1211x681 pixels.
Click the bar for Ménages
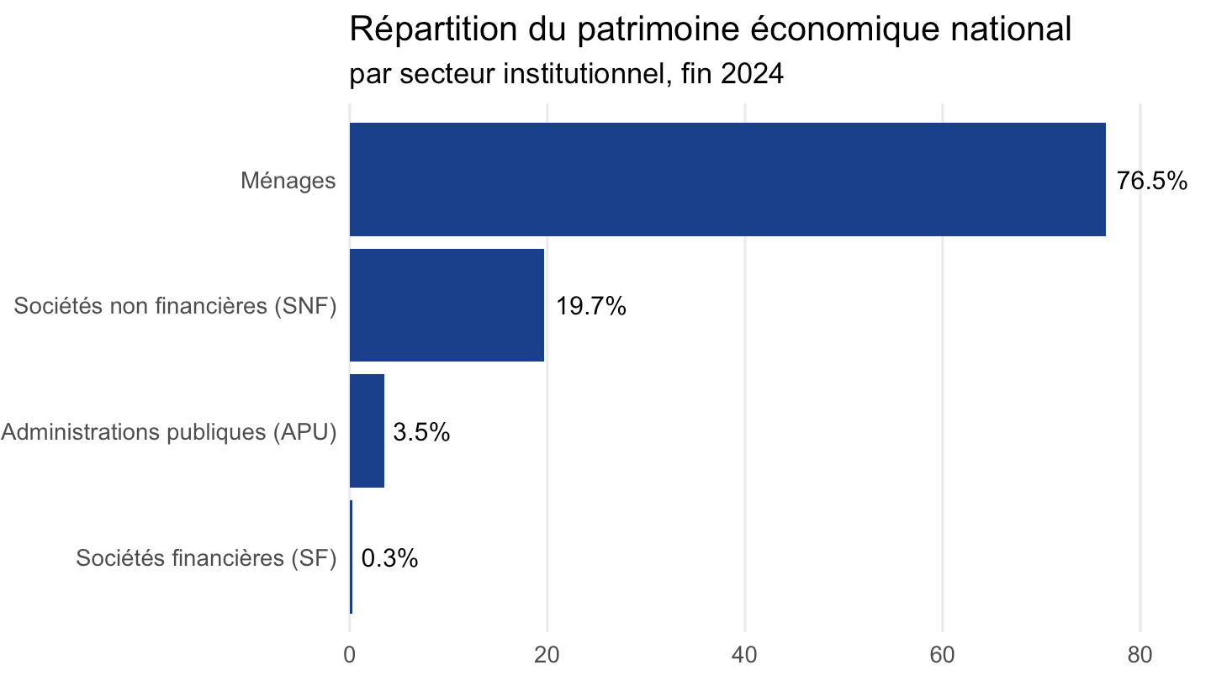pos(727,179)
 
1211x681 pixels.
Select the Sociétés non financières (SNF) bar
pos(447,305)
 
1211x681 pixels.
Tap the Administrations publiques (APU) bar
pos(367,431)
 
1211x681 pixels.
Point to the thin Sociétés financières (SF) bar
pos(351,557)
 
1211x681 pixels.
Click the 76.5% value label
pos(1151,181)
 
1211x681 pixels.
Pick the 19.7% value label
pos(591,306)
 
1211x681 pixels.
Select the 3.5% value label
pos(421,432)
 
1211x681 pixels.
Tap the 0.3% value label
pos(389,558)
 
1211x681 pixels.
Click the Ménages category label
pos(288,181)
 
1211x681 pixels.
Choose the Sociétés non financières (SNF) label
pos(175,306)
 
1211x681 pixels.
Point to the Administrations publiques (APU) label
pos(169,432)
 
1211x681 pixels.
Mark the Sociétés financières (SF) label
pos(207,558)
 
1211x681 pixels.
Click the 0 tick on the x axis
pos(350,655)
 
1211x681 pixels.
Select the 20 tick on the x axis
pos(547,655)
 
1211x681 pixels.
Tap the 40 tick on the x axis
pos(745,655)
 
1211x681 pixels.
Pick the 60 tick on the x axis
pos(943,655)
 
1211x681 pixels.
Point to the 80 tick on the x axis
pos(1140,655)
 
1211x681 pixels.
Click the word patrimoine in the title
pos(658,29)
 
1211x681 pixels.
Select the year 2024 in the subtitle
pos(752,73)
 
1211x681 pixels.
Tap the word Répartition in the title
pos(434,29)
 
